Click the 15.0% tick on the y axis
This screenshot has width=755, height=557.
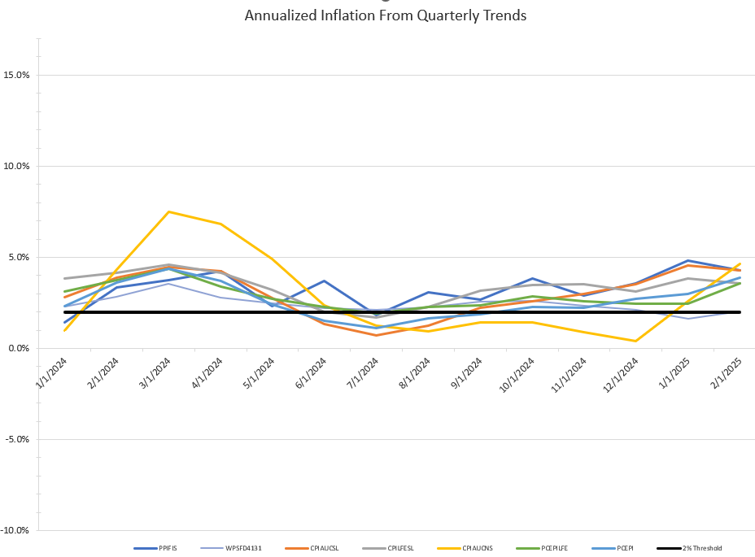pos(17,76)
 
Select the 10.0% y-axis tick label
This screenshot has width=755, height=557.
pos(17,167)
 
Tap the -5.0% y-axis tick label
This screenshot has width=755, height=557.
pos(17,440)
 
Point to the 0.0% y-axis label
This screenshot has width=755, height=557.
pos(19,349)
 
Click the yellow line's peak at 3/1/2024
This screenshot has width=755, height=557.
pos(168,211)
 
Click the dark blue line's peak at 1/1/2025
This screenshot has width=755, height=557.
pos(687,261)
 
